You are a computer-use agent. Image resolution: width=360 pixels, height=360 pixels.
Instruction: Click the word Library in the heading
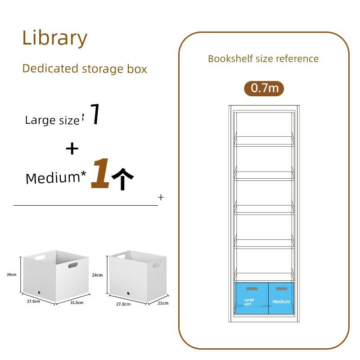click(54, 38)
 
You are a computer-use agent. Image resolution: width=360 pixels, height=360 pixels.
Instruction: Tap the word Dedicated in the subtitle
click(50, 68)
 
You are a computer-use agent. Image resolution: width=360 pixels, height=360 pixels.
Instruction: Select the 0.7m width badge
click(264, 88)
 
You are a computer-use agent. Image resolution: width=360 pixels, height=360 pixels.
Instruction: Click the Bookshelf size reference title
click(263, 59)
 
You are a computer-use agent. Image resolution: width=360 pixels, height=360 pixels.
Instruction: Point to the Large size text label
click(52, 120)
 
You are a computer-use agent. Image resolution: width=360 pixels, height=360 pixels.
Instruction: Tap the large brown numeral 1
click(100, 173)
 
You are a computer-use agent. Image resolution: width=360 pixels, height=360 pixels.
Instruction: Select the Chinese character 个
click(122, 179)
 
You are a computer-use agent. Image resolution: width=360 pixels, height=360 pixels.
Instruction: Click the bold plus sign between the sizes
click(72, 149)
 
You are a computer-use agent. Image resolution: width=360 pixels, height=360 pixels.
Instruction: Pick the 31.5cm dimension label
click(76, 302)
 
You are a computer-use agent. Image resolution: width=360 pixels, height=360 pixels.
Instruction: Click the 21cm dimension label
click(163, 303)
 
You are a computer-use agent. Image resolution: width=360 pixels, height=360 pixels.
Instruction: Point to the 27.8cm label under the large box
click(33, 301)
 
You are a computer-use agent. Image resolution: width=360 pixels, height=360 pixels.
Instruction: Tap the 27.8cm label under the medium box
click(123, 304)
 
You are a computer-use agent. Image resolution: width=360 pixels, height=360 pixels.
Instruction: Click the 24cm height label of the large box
click(12, 274)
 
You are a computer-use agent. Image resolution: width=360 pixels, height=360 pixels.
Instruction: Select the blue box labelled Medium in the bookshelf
click(281, 298)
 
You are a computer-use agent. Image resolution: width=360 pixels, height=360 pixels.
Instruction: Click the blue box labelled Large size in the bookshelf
click(252, 298)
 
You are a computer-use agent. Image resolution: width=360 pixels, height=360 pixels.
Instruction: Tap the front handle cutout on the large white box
click(73, 265)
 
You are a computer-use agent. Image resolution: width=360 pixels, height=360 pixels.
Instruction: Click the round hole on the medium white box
click(128, 293)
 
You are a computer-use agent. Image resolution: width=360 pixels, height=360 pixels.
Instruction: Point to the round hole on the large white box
click(39, 293)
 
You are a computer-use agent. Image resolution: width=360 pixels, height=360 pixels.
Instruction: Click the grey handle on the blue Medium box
click(282, 288)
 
